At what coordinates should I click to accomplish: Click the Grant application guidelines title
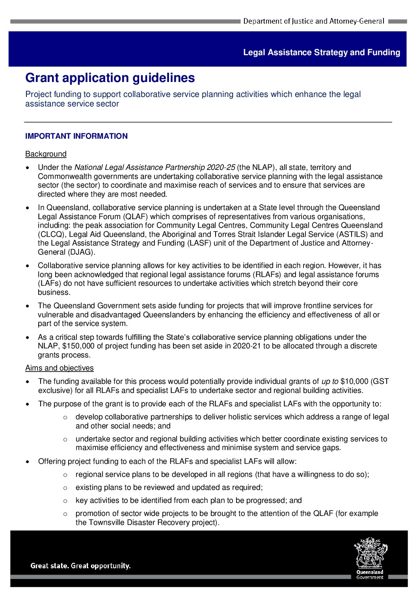pos(110,78)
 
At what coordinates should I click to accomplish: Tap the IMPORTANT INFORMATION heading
pos(76,136)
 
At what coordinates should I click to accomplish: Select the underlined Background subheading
pos(46,154)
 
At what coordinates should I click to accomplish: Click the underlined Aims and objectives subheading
pos(60,368)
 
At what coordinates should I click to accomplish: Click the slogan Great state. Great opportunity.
pos(80,566)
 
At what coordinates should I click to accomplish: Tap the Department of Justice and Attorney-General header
pos(313,21)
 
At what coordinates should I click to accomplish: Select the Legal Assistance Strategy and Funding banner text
pos(322,52)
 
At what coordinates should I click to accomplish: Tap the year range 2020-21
pos(246,346)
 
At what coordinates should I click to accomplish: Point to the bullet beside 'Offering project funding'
pos(28,462)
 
